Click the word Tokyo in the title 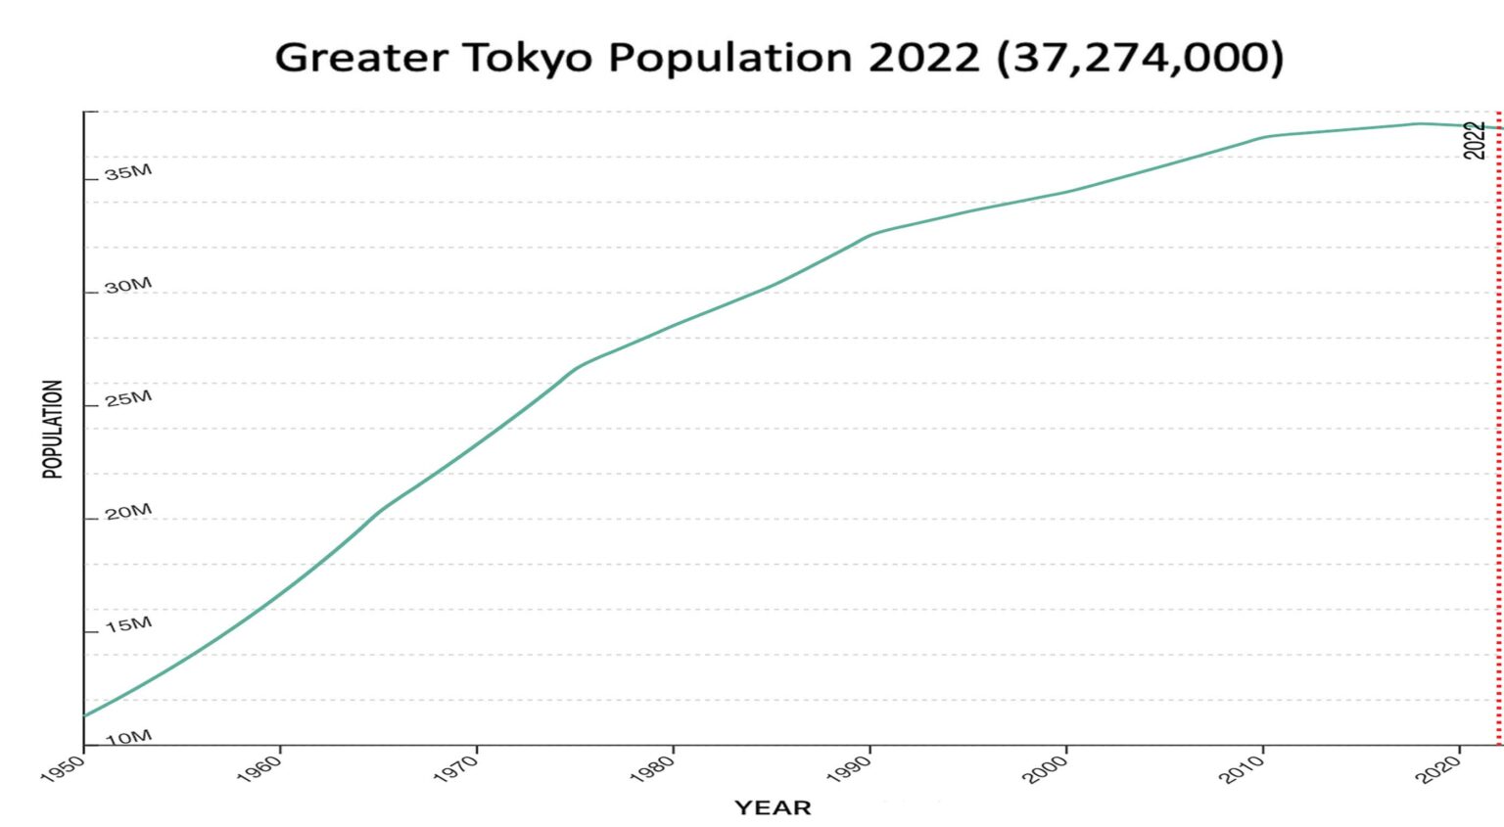point(528,58)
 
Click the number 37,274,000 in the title point(1139,58)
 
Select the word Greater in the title point(362,58)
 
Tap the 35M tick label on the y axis point(128,173)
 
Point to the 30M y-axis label point(128,286)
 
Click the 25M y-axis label point(128,398)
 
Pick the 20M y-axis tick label point(128,512)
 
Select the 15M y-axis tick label point(128,624)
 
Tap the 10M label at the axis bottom point(128,737)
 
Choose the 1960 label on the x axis point(258,769)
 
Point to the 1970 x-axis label point(454,769)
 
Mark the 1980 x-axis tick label point(651,769)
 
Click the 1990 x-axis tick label point(848,769)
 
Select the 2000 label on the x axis point(1044,769)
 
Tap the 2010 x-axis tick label point(1241,769)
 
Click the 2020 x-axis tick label point(1438,769)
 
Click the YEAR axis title point(773,807)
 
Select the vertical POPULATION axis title point(53,429)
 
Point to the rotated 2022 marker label point(1475,140)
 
